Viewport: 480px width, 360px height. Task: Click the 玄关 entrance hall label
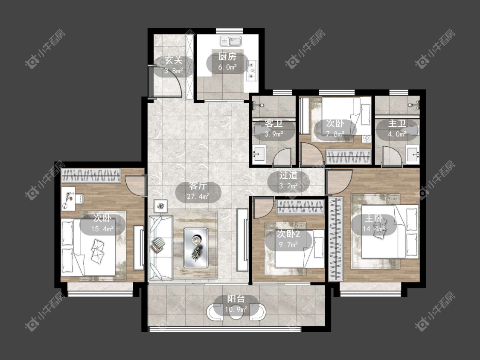(x=173, y=60)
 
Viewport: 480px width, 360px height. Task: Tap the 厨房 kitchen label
(x=227, y=57)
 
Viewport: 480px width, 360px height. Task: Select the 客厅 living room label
(x=198, y=186)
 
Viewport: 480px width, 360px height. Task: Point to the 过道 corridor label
(x=288, y=175)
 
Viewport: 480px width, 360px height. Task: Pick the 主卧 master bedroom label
(x=373, y=218)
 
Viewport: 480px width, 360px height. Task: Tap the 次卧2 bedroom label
(x=288, y=234)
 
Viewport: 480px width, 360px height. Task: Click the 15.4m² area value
(x=102, y=229)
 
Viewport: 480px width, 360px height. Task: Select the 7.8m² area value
(x=335, y=134)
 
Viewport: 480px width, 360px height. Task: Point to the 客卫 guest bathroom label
(x=273, y=124)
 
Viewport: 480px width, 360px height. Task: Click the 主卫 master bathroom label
(x=397, y=124)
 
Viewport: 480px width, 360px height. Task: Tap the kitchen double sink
(x=230, y=41)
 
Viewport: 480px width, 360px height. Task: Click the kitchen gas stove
(x=252, y=71)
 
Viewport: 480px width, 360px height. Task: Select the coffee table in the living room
(x=196, y=248)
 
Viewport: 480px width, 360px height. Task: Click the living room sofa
(x=160, y=247)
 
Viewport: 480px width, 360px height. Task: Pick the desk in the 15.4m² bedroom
(x=68, y=199)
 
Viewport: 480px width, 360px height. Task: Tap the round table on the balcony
(x=236, y=311)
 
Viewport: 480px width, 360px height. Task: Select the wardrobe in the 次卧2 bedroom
(x=300, y=207)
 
